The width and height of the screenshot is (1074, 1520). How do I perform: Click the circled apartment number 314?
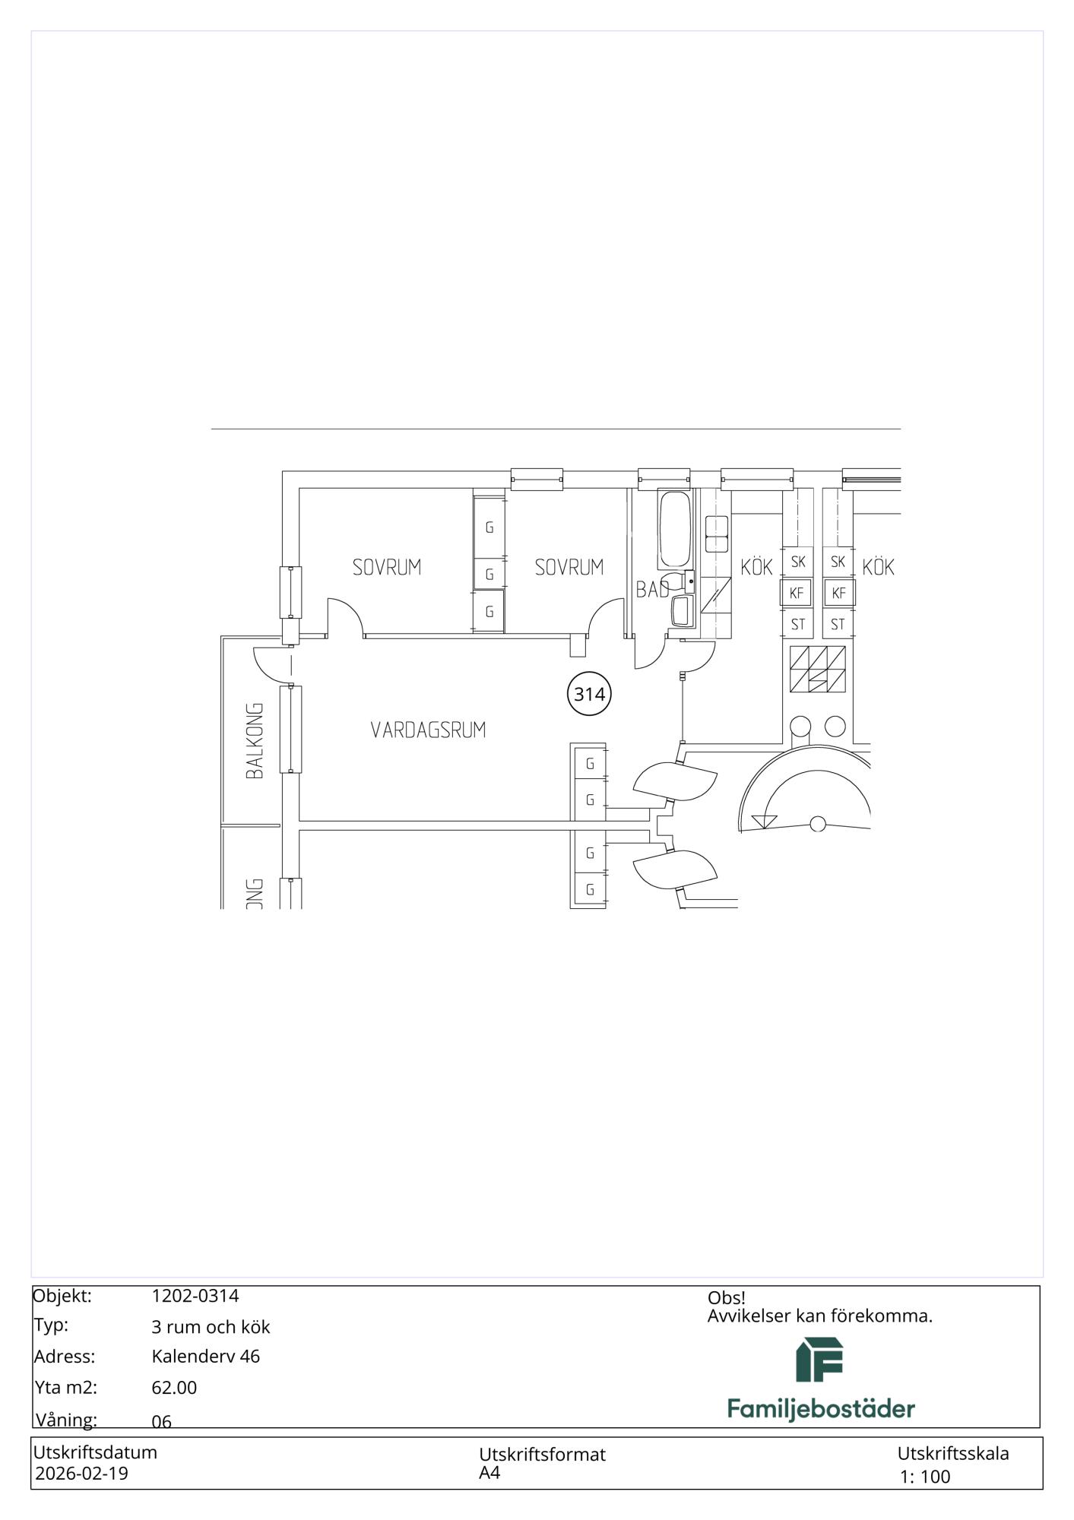(x=589, y=695)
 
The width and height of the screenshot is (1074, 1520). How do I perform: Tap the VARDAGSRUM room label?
(x=428, y=730)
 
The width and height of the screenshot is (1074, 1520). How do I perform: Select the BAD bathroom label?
(x=653, y=589)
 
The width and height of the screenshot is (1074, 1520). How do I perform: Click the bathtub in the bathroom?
(x=675, y=530)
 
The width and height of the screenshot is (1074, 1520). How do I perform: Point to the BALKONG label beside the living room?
(x=255, y=740)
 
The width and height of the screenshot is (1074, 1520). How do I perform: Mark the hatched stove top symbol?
(x=817, y=669)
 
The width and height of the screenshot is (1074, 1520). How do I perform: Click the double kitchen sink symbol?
(x=717, y=534)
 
